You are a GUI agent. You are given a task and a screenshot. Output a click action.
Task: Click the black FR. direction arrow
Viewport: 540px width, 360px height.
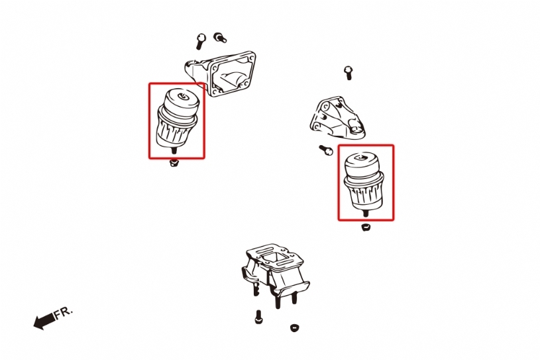[44, 320]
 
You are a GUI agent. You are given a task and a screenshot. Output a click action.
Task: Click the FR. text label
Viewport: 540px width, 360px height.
[64, 312]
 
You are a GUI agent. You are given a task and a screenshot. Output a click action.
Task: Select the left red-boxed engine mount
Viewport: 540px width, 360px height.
[177, 119]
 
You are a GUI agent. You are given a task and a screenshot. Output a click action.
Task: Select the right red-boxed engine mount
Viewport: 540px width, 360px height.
[364, 182]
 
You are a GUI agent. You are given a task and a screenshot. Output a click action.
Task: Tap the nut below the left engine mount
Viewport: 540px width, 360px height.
[174, 162]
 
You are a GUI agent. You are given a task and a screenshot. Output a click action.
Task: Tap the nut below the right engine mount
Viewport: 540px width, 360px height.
[366, 227]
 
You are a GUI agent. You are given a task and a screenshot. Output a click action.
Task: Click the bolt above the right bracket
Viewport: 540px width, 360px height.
[348, 73]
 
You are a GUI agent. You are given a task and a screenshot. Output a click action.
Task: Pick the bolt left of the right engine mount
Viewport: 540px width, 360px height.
[325, 150]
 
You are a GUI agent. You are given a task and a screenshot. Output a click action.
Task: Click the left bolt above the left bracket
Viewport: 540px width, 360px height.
[201, 41]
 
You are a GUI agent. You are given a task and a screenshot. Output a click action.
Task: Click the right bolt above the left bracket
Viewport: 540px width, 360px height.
[219, 37]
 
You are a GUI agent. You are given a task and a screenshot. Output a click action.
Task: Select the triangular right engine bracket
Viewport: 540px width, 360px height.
[337, 118]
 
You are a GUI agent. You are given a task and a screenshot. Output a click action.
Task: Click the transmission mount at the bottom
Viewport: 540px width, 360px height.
[274, 272]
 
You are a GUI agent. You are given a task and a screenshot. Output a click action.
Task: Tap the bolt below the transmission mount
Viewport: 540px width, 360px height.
[258, 317]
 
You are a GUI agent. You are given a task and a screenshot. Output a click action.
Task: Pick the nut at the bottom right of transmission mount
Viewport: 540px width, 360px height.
[294, 328]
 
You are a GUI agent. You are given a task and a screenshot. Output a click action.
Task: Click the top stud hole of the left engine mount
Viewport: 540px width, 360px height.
[182, 96]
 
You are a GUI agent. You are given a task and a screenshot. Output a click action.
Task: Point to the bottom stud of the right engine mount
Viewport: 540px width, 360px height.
[365, 213]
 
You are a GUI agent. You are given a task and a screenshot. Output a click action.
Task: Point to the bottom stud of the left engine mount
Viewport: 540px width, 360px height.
[174, 150]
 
